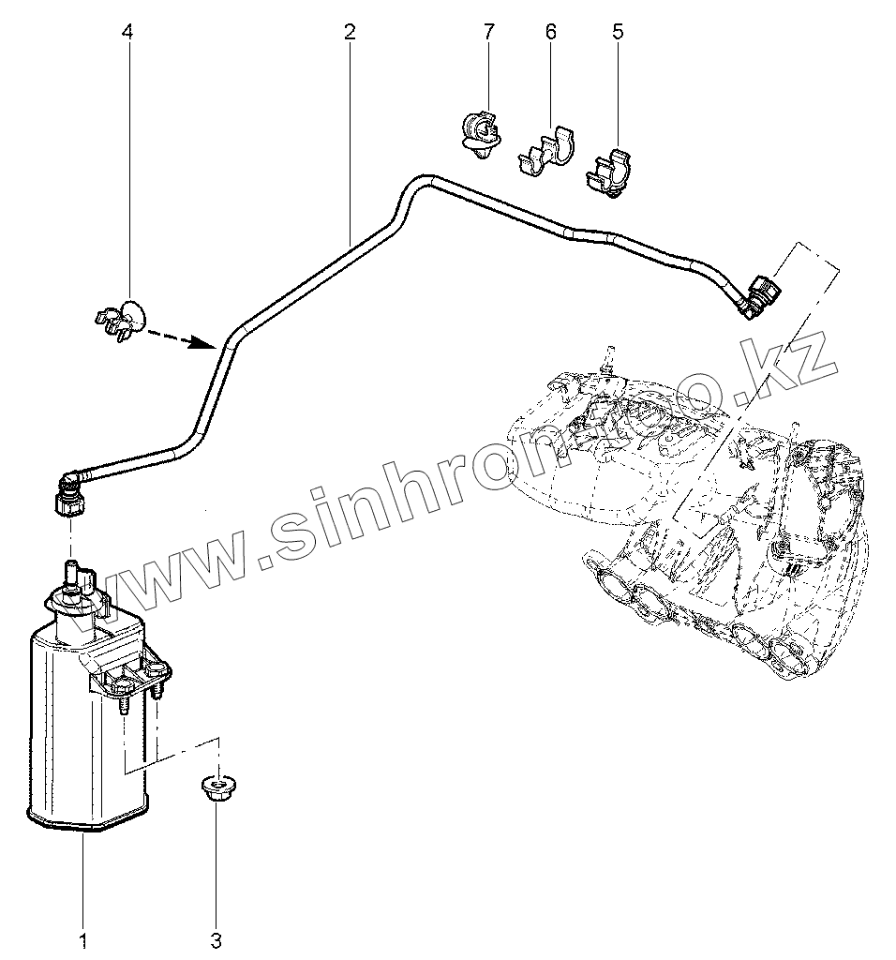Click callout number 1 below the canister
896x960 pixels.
pyautogui.click(x=82, y=939)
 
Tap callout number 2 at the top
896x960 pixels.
pyautogui.click(x=350, y=32)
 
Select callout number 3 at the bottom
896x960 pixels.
pyautogui.click(x=217, y=939)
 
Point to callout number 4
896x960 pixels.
pyautogui.click(x=127, y=32)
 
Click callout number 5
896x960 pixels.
pyautogui.click(x=617, y=32)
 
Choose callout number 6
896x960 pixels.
pyautogui.click(x=550, y=32)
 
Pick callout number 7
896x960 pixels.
pyautogui.click(x=488, y=32)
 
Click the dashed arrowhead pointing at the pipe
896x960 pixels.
pyautogui.click(x=204, y=344)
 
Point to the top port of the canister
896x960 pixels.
pyautogui.click(x=69, y=575)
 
